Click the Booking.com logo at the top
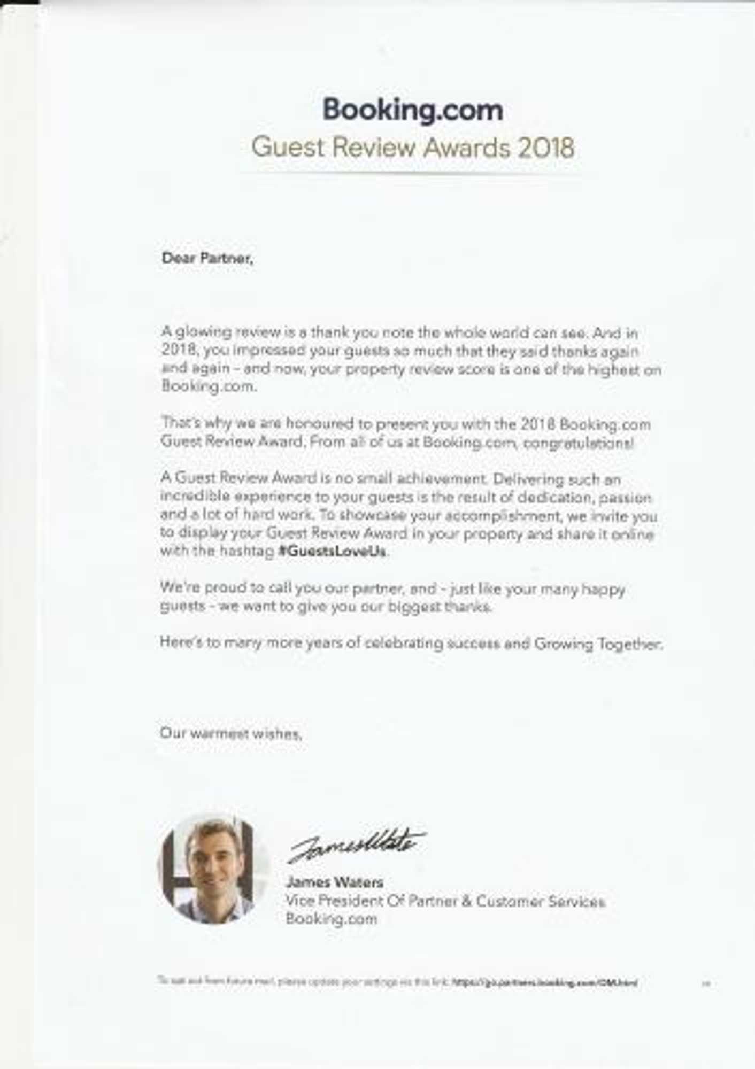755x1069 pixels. pyautogui.click(x=412, y=110)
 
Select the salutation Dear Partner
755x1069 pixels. pyautogui.click(x=207, y=259)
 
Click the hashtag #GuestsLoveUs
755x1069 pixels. pyautogui.click(x=332, y=552)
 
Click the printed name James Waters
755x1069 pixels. pyautogui.click(x=335, y=882)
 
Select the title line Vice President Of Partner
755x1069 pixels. pyautogui.click(x=445, y=901)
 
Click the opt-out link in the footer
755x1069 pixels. pyautogui.click(x=545, y=982)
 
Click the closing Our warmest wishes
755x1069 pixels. pyautogui.click(x=231, y=733)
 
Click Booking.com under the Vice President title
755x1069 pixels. pyautogui.click(x=331, y=919)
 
